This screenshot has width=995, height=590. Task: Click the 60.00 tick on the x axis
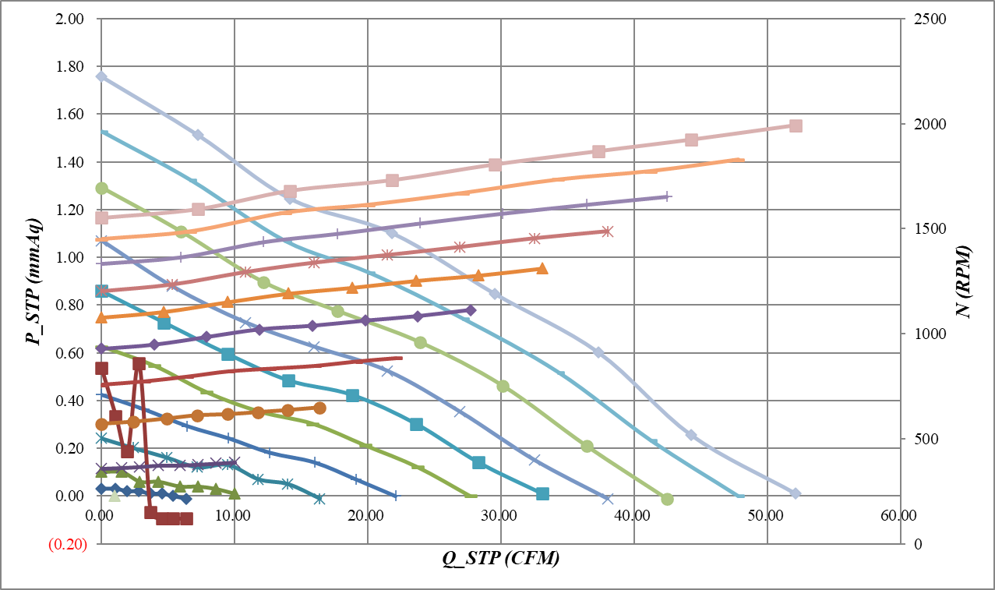(x=900, y=515)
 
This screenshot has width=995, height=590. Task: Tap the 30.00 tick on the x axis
(x=500, y=515)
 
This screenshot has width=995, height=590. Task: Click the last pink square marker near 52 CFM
(x=796, y=125)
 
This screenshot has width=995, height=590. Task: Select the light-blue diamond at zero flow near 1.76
(x=101, y=76)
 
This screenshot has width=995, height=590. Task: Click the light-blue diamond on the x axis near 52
(x=796, y=493)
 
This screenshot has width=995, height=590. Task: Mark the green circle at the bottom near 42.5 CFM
(x=667, y=499)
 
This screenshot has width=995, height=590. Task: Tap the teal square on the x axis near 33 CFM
(x=542, y=493)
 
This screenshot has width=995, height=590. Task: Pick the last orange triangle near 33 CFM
(x=542, y=268)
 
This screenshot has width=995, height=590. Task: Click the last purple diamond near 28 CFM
(x=470, y=310)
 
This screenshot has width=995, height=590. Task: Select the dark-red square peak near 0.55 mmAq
(x=139, y=363)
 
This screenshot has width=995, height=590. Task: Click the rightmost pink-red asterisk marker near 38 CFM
(x=607, y=231)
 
